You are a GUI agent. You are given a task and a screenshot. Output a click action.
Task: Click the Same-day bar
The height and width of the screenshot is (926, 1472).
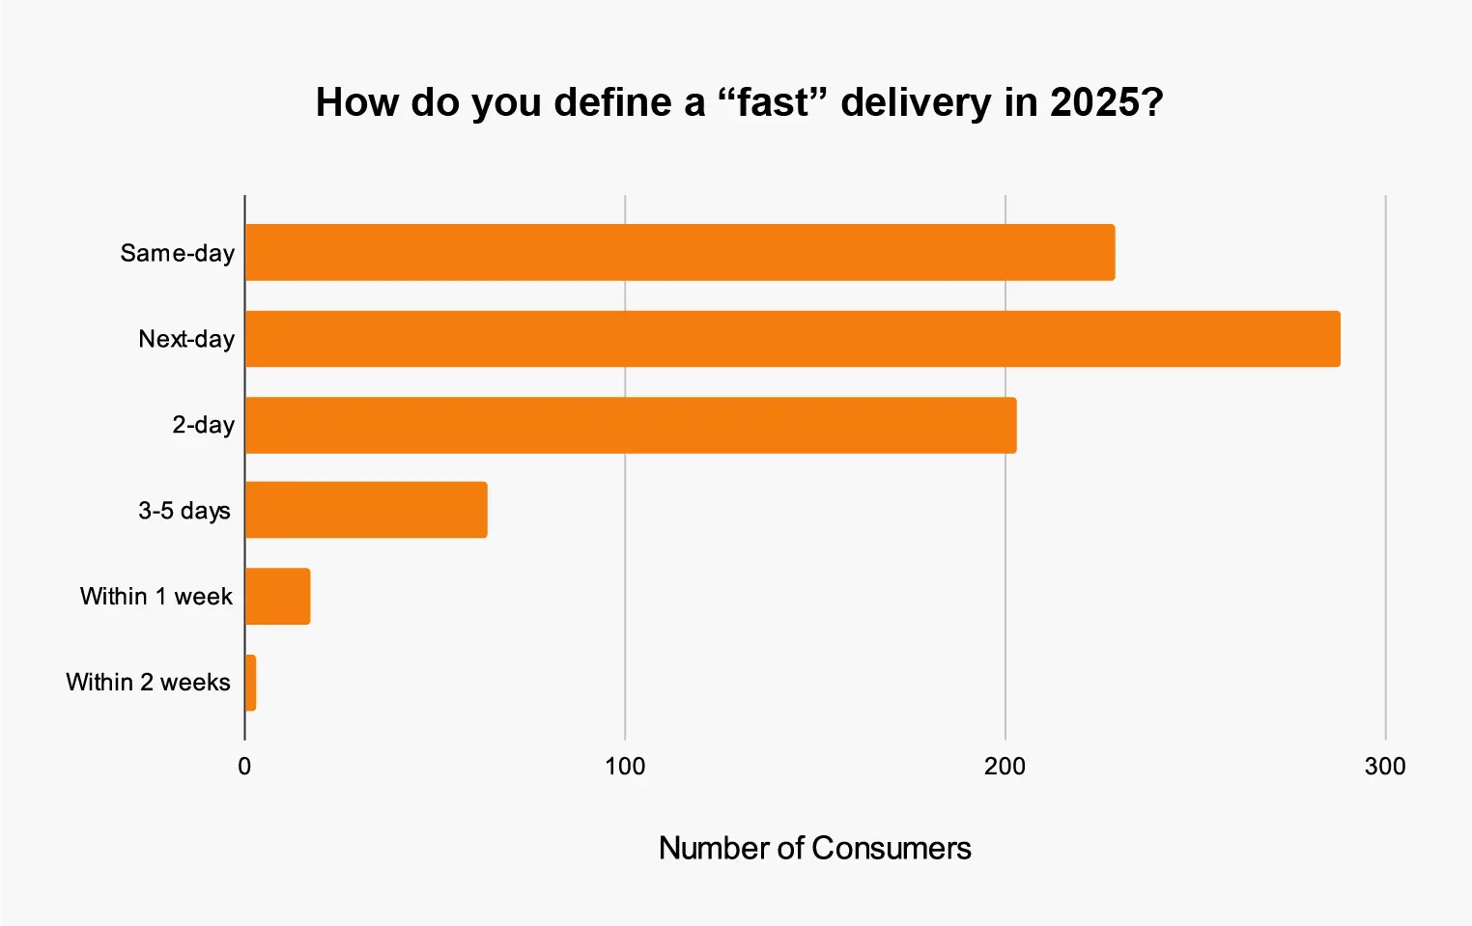pyautogui.click(x=680, y=253)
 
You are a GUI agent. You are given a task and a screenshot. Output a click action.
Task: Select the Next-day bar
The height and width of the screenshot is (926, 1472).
pyautogui.click(x=792, y=339)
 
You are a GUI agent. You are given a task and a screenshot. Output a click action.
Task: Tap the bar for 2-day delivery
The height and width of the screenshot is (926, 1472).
pyautogui.click(x=631, y=425)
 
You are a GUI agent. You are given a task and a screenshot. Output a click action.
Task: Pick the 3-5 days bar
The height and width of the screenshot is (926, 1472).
pyautogui.click(x=366, y=510)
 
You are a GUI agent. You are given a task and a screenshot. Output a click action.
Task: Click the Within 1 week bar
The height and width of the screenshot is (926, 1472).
pyautogui.click(x=278, y=596)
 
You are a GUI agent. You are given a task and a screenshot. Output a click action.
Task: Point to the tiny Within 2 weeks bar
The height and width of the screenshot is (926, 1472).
pyautogui.click(x=251, y=683)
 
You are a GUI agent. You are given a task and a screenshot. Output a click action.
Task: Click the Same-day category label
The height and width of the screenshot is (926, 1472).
pyautogui.click(x=178, y=253)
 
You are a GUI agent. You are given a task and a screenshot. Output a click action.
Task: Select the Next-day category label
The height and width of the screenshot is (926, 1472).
pyautogui.click(x=186, y=339)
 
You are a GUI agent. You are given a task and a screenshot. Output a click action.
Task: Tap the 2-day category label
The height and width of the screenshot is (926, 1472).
pyautogui.click(x=204, y=425)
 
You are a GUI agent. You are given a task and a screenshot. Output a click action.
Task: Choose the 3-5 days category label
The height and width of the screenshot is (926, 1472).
pyautogui.click(x=184, y=510)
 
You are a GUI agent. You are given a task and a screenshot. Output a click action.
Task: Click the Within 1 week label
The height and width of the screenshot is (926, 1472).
pyautogui.click(x=156, y=596)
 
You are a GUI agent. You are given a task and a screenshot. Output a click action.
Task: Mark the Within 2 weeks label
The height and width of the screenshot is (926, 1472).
pyautogui.click(x=149, y=682)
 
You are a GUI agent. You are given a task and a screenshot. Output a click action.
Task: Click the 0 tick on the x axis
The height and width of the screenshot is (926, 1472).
pyautogui.click(x=244, y=767)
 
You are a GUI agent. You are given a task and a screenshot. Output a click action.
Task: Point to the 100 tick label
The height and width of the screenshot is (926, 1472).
pyautogui.click(x=625, y=767)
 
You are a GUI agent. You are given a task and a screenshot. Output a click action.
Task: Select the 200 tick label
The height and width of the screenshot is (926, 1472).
pyautogui.click(x=1005, y=767)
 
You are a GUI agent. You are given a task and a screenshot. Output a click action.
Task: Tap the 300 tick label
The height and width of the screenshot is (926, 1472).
pyautogui.click(x=1385, y=767)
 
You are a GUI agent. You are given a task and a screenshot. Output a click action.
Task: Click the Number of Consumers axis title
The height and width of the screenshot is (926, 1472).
pyautogui.click(x=814, y=848)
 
